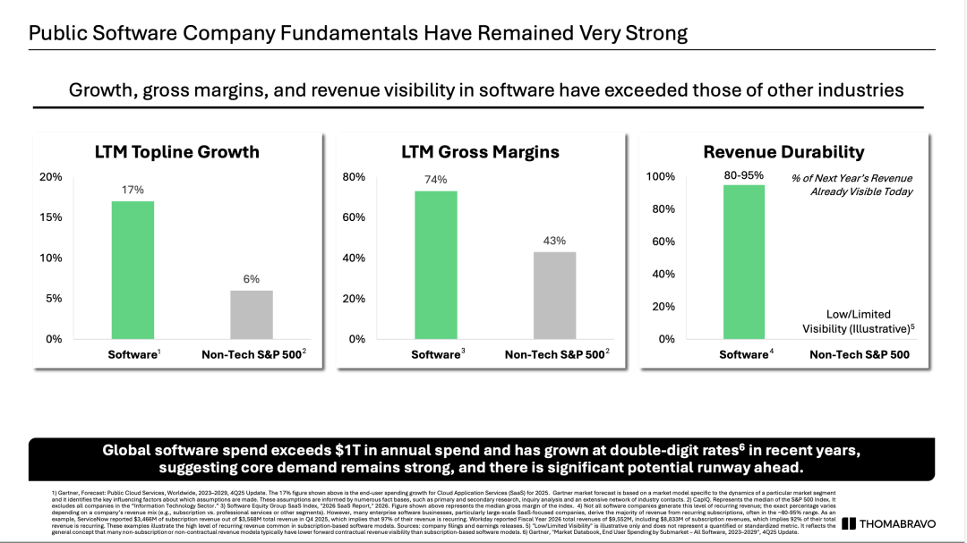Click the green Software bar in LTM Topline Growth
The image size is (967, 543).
pos(133,270)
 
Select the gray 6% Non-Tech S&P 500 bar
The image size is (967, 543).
pos(252,315)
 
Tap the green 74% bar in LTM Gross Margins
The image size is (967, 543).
pos(436,265)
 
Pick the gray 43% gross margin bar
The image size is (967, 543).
pos(555,295)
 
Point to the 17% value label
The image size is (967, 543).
pos(133,190)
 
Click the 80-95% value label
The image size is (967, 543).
pos(744,175)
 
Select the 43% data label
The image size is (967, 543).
pos(555,241)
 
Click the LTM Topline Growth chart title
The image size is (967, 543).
pos(176,152)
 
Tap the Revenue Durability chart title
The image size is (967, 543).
pos(783,152)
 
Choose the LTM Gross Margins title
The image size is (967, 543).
pos(480,152)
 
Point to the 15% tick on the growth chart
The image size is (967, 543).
pos(51,217)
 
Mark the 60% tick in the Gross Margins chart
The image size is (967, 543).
pos(354,217)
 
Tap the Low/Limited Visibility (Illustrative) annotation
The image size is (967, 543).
pos(858,321)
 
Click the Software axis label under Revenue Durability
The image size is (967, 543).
pos(743,355)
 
